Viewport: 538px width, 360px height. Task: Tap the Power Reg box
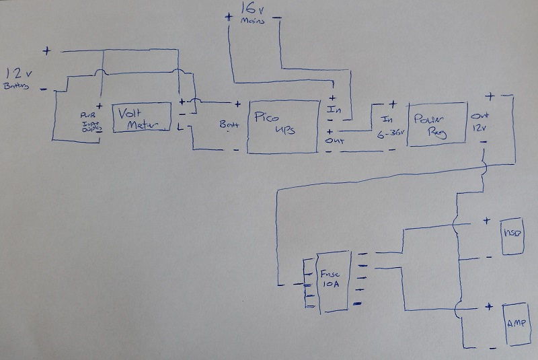tap(436, 122)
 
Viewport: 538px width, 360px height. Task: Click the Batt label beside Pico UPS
tap(229, 124)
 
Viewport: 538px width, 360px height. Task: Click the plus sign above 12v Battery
tap(47, 50)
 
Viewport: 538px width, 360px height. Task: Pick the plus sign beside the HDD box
tap(488, 219)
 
